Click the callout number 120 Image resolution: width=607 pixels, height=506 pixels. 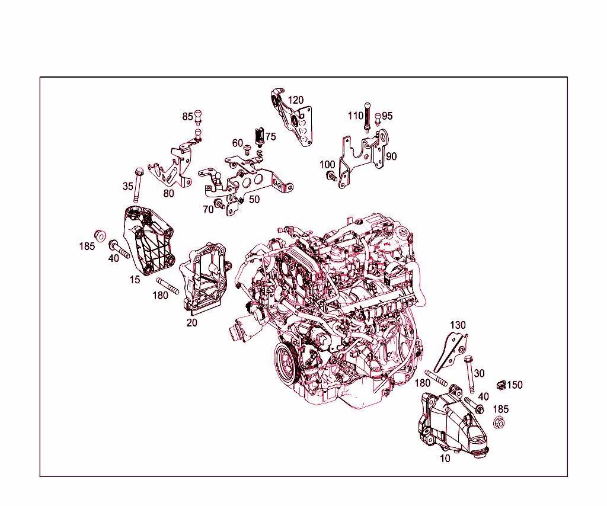tap(296, 100)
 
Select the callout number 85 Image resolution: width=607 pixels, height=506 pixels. tap(187, 116)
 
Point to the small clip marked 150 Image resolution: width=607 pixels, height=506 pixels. tap(500, 385)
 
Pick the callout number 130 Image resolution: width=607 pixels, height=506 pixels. tap(458, 325)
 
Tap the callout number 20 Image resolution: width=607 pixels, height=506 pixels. tap(191, 323)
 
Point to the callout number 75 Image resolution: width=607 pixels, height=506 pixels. tap(270, 137)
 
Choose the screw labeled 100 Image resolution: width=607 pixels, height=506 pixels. tap(332, 176)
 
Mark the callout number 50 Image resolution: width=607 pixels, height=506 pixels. tap(254, 200)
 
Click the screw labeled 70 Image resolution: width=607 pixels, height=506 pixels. tap(220, 205)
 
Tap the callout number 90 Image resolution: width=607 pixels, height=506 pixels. tap(391, 156)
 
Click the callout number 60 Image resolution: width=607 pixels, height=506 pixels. tap(238, 143)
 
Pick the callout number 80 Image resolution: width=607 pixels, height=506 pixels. tap(169, 193)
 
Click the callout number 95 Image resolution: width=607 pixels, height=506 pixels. tap(387, 116)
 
